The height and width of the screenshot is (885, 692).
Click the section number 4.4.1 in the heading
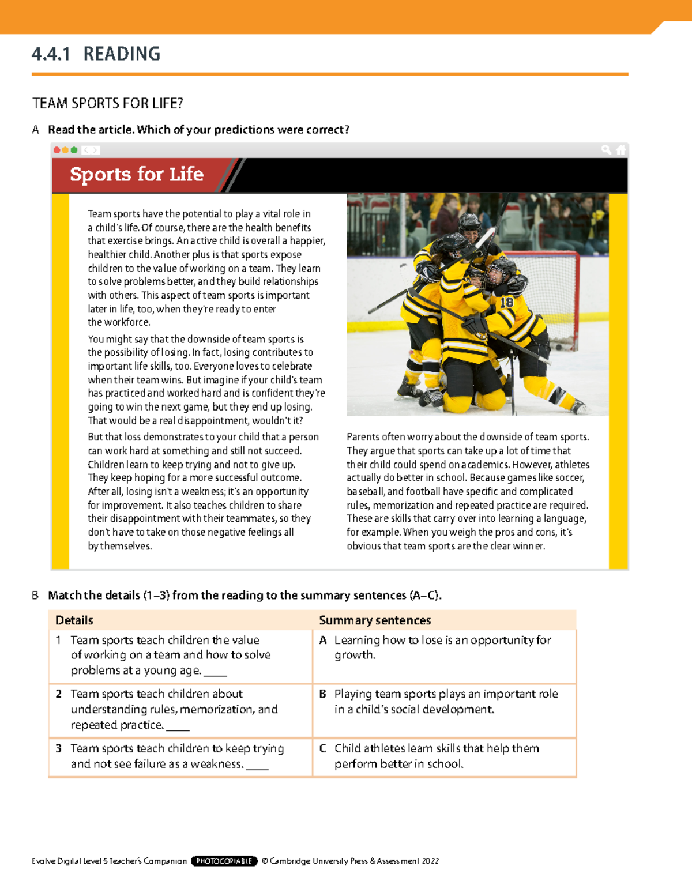(51, 54)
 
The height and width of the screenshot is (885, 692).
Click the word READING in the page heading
(122, 54)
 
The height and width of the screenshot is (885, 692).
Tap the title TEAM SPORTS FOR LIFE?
(108, 104)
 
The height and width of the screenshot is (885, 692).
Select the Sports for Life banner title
(137, 174)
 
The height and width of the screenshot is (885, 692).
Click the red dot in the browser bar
(57, 150)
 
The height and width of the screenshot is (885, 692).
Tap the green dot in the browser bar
(74, 150)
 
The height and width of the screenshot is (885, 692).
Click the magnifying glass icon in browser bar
(606, 150)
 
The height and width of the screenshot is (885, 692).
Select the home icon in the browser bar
(620, 150)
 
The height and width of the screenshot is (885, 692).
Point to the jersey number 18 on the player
(506, 302)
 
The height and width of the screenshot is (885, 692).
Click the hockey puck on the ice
(558, 348)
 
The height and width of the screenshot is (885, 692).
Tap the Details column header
(74, 620)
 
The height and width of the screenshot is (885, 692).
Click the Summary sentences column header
(375, 620)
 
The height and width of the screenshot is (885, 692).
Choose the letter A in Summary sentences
(323, 640)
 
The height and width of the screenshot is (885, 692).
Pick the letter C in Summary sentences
(323, 748)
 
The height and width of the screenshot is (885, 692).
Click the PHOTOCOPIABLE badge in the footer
(224, 861)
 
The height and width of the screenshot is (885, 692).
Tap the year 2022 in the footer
(430, 861)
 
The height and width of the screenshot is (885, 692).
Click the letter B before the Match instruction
(35, 596)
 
